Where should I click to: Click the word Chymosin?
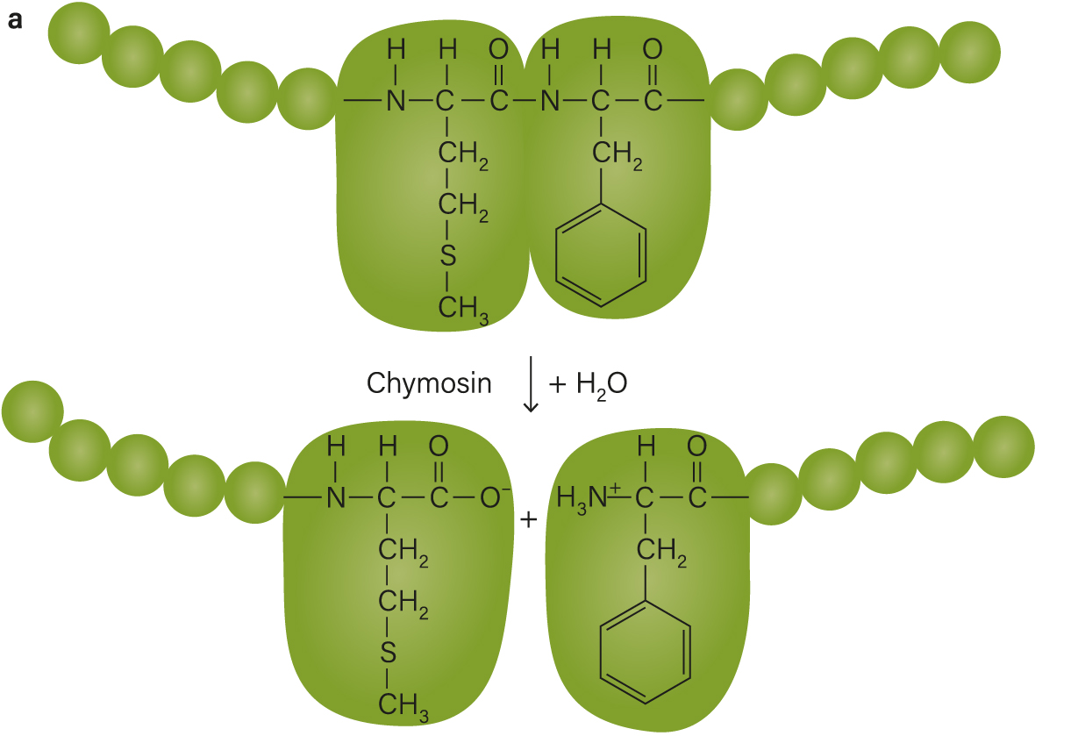429,384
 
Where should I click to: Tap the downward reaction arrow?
531,384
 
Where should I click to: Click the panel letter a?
15,20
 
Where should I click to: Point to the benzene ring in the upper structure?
556,255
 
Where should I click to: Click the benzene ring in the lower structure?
601,653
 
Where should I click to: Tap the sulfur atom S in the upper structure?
447,255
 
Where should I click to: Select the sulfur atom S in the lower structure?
388,653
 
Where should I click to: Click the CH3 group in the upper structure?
463,309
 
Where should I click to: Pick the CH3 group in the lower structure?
403,706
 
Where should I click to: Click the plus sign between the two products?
528,520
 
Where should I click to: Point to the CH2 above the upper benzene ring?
617,154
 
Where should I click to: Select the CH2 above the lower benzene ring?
661,551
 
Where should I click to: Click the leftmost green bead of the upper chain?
79,32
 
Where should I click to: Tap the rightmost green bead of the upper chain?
970,52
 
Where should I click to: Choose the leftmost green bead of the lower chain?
32,411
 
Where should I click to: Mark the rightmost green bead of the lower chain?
1004,447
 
